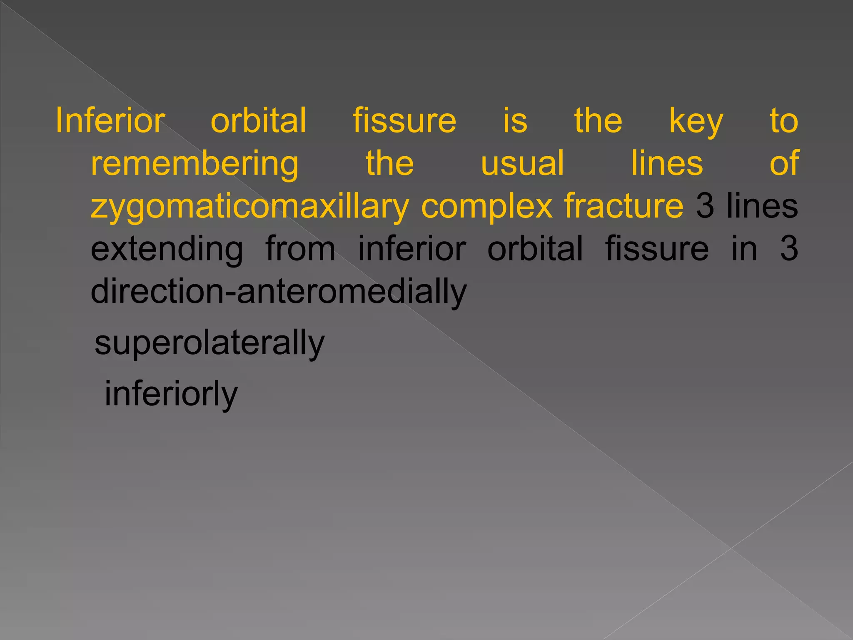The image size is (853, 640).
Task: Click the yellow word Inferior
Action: (110, 121)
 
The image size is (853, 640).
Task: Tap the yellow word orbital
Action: (259, 121)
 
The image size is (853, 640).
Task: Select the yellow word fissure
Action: (404, 121)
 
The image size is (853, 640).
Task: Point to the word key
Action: (696, 122)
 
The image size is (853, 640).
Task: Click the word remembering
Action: (195, 164)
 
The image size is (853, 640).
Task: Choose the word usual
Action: (522, 163)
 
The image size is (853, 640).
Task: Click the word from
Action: (300, 249)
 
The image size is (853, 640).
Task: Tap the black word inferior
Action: (412, 249)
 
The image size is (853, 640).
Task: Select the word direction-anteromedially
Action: (279, 292)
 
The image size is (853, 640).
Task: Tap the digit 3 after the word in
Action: (788, 249)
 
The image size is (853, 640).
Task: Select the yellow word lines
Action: (667, 163)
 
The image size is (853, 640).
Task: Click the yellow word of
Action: (784, 163)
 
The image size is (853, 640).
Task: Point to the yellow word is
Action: (515, 121)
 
